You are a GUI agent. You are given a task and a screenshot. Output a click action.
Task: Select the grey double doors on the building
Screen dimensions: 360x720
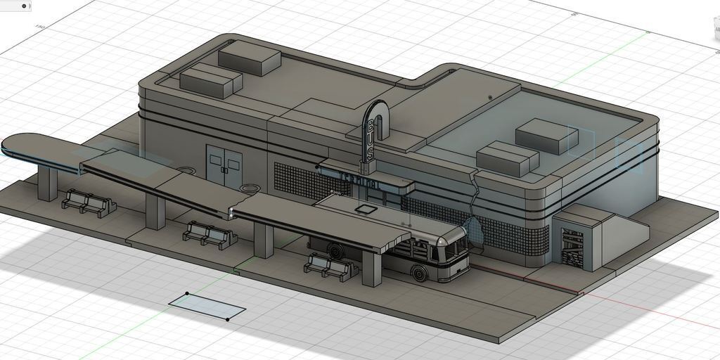224,166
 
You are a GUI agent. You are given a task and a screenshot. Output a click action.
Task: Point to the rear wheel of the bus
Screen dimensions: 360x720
336,250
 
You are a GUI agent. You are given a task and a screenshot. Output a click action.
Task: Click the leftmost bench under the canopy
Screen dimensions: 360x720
88,203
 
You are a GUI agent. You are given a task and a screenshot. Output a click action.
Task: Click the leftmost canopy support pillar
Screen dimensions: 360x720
47,183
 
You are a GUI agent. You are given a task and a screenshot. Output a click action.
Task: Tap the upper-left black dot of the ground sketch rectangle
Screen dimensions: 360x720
187,293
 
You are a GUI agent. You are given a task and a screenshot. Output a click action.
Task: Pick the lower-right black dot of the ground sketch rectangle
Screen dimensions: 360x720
227,319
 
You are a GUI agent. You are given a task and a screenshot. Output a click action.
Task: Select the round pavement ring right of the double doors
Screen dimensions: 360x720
249,188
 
